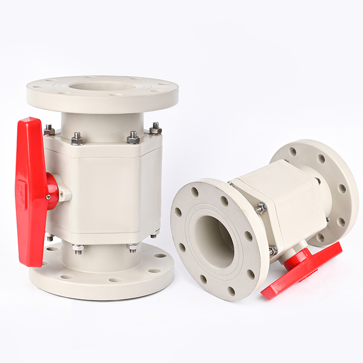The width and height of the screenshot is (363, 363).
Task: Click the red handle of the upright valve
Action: [x=30, y=191]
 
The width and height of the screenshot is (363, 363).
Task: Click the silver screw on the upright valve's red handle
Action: [x=48, y=196]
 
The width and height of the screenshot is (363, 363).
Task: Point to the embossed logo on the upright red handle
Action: [x=21, y=188]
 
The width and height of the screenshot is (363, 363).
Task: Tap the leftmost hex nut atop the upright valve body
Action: [x=49, y=131]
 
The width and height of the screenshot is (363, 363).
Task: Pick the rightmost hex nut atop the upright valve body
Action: [x=155, y=130]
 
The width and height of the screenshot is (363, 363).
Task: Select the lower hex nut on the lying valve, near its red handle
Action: [x=273, y=250]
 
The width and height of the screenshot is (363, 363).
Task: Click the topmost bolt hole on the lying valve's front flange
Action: [x=195, y=192]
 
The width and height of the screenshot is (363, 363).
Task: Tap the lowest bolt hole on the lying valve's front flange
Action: [x=231, y=291]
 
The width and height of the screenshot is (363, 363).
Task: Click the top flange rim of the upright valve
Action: [x=102, y=102]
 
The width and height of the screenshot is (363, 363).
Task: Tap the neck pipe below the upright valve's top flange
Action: [x=102, y=123]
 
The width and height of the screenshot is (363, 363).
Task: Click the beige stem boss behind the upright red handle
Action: [x=64, y=193]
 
